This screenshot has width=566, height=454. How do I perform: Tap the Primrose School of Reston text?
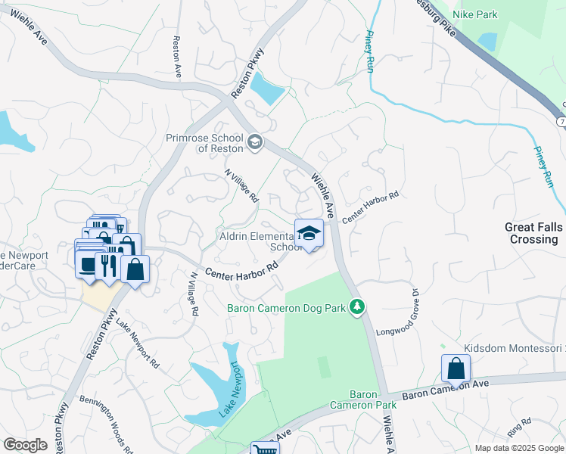204,144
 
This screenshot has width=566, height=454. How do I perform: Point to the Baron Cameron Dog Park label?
286,308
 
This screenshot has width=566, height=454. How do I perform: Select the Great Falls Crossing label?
533,233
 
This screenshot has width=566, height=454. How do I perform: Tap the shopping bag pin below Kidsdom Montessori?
456,369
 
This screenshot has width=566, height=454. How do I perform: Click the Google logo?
25,445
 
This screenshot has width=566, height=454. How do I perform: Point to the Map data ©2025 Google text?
518,448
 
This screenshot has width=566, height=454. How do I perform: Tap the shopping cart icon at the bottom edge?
265,449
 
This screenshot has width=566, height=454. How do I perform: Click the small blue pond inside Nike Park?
488,42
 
